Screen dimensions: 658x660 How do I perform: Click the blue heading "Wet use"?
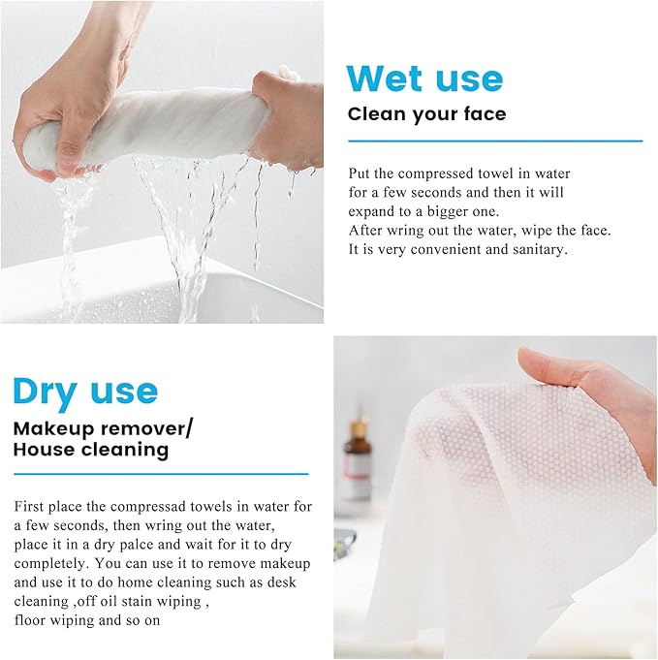(424, 79)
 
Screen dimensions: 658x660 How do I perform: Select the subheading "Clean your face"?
(427, 114)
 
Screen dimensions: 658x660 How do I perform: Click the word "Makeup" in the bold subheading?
(53, 429)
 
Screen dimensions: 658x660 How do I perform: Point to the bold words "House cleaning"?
(91, 449)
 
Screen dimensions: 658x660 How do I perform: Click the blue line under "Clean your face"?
(495, 141)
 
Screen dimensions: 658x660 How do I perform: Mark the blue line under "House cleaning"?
(161, 474)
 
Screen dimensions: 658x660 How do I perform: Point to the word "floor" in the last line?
(29, 620)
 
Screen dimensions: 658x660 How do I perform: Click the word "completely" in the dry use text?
(51, 564)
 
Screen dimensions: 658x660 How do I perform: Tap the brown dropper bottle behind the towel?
(358, 454)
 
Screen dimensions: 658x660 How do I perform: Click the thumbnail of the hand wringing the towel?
(162, 162)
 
